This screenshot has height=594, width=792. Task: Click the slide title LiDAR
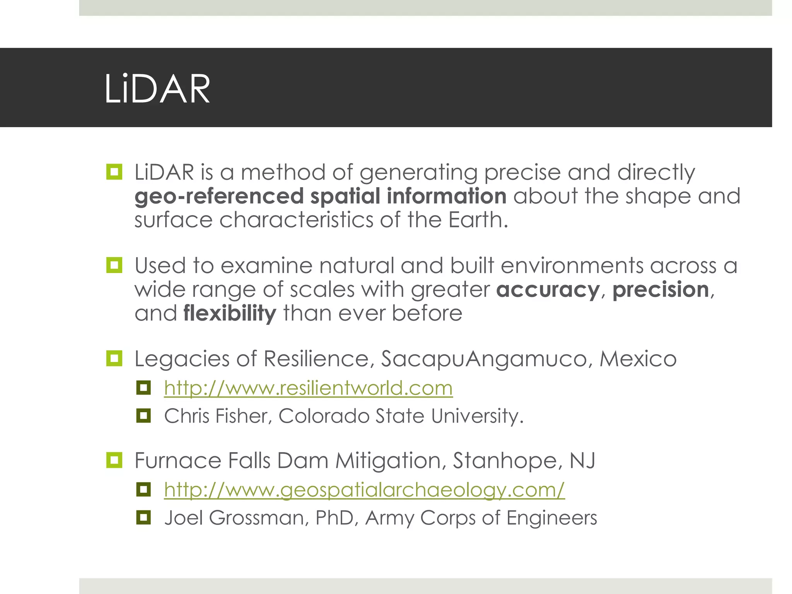(157, 89)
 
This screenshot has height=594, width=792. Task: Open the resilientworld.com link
(308, 388)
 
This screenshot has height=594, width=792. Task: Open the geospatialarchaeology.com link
(364, 490)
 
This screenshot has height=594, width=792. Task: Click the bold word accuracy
(548, 290)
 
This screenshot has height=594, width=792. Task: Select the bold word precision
(661, 290)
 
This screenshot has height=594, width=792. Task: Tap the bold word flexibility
(230, 313)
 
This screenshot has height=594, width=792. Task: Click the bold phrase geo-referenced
(219, 196)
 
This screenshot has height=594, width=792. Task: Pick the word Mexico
(638, 359)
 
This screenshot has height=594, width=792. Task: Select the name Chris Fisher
(216, 416)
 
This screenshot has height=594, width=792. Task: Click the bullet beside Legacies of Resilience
(114, 358)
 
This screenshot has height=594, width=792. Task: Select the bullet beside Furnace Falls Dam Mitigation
(114, 460)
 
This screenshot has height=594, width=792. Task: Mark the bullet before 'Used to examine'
(114, 265)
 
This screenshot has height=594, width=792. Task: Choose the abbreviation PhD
(334, 518)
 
